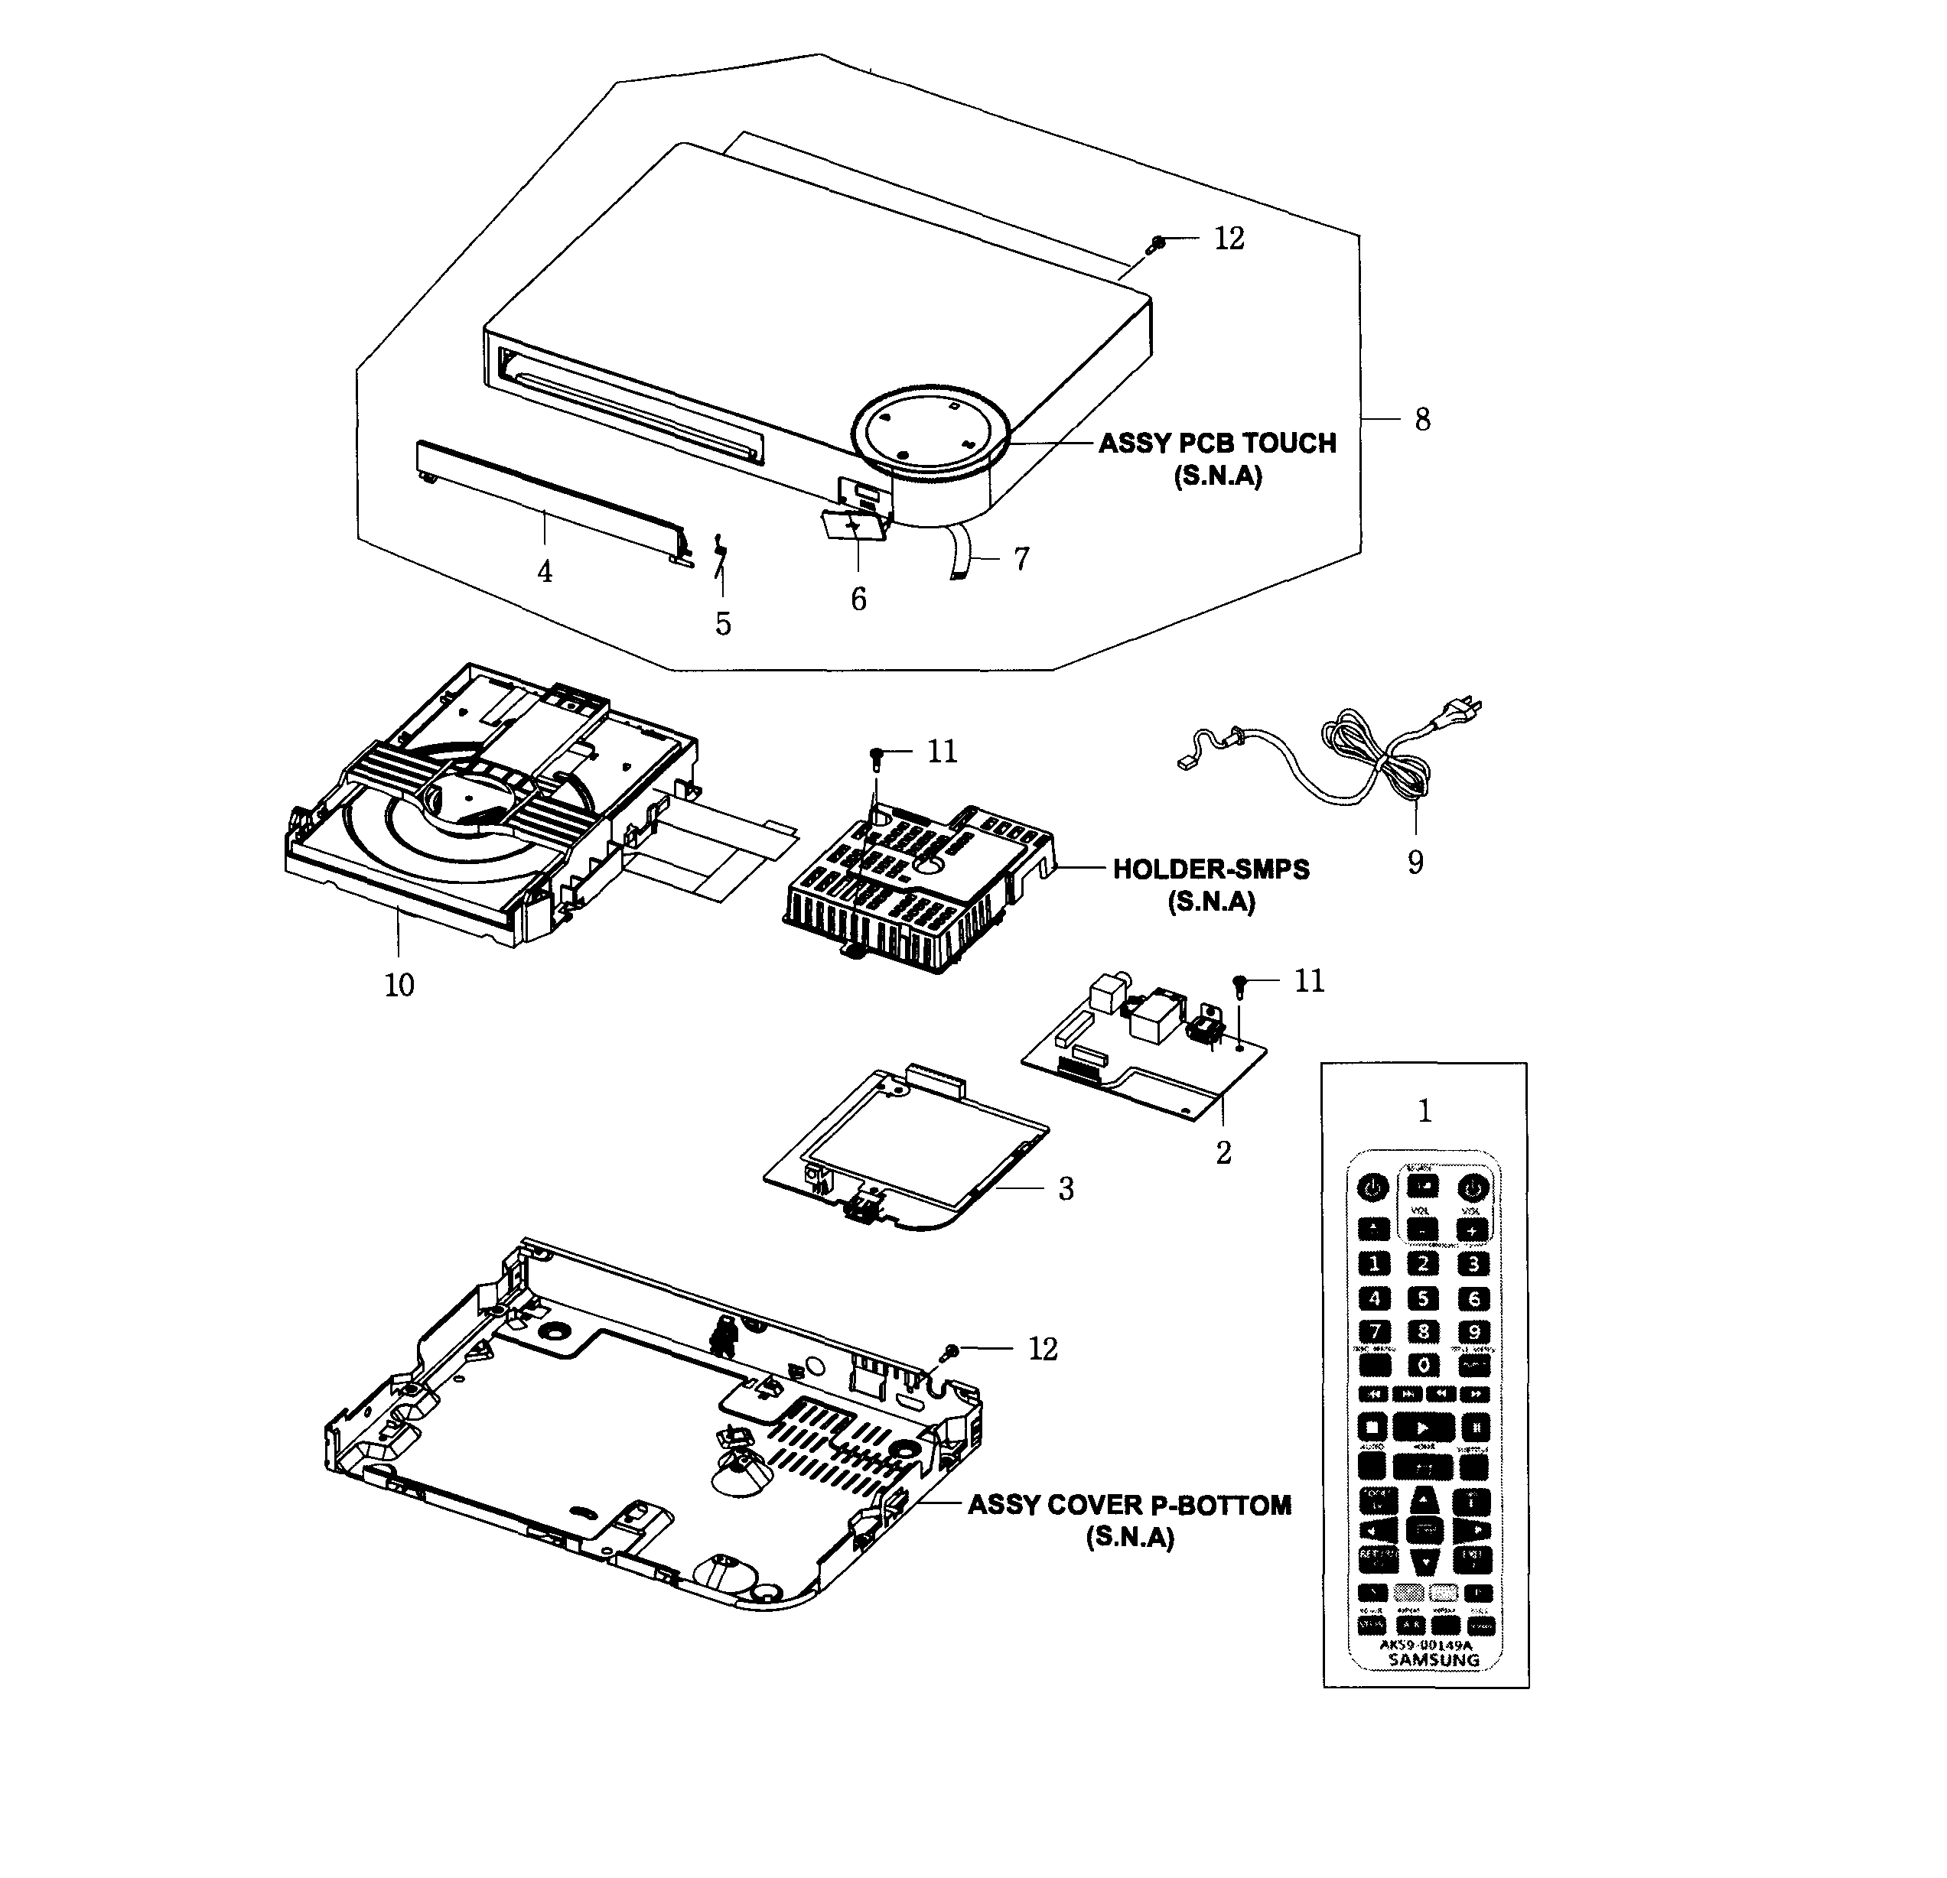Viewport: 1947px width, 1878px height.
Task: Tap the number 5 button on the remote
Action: (1424, 1298)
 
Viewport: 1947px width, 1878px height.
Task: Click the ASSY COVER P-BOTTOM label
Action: (1129, 1505)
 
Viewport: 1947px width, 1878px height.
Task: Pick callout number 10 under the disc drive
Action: (399, 984)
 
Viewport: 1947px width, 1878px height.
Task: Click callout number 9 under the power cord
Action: (1415, 861)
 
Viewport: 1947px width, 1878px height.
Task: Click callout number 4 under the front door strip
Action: (545, 571)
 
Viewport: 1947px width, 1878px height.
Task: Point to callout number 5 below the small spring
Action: (722, 624)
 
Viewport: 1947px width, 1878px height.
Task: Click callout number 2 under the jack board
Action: (1223, 1152)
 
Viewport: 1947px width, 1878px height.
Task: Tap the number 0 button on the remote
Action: (1424, 1365)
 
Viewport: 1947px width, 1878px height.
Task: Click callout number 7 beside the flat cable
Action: (1021, 559)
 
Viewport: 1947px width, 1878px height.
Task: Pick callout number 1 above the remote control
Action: (1424, 1111)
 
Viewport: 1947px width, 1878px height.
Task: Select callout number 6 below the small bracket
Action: (858, 599)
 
